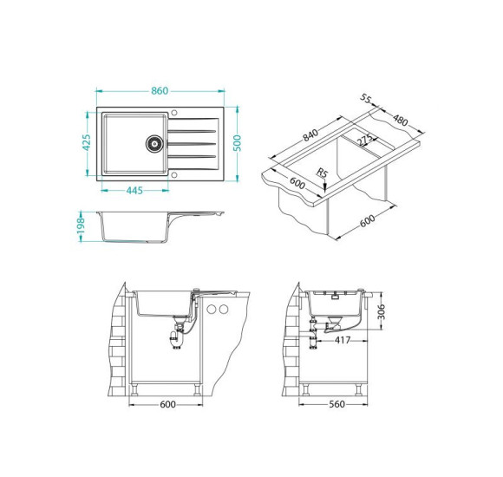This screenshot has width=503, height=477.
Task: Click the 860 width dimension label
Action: coord(160,91)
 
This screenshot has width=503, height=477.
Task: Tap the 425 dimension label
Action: coord(87,142)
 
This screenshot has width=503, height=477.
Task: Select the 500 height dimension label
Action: coord(237,143)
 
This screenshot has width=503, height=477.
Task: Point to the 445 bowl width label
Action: coord(134,191)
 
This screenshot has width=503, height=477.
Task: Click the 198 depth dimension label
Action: coord(81,225)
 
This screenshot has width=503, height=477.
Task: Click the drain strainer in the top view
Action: coord(154,143)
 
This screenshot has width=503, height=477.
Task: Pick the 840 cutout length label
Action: coord(310,134)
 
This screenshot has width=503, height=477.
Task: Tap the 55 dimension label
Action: coord(365,98)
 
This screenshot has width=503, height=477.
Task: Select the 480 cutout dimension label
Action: coord(401,121)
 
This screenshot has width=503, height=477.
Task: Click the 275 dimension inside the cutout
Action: coord(365,140)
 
